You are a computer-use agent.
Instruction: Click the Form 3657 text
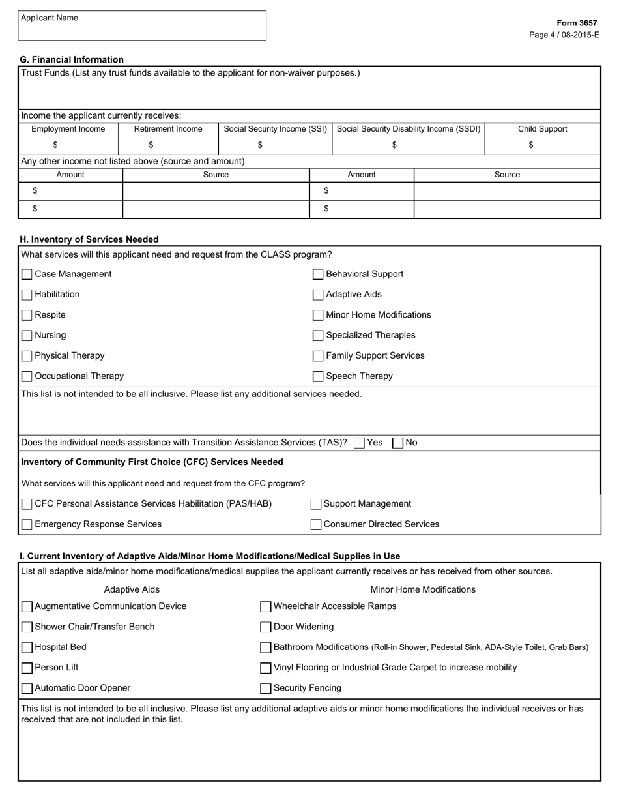pos(577,23)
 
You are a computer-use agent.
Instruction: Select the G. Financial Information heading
pos(72,59)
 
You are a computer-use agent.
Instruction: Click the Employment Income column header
pos(68,129)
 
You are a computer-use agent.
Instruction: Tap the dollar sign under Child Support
pos(531,145)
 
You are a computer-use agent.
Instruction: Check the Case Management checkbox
pos(27,275)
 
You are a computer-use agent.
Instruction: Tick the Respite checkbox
pos(27,316)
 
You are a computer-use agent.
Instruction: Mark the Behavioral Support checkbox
pos(318,275)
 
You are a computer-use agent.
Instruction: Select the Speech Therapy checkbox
pos(318,377)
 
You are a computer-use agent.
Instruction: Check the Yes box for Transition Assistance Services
pos(359,443)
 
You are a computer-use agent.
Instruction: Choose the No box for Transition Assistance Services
pos(397,443)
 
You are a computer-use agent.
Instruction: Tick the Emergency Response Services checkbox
pos(27,525)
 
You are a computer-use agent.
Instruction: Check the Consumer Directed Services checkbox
pos(316,525)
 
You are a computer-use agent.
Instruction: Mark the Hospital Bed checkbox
pos(27,647)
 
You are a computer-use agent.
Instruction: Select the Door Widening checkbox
pos(266,627)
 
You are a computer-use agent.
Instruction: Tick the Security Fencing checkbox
pos(266,689)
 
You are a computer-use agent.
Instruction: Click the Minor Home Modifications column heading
pos(423,589)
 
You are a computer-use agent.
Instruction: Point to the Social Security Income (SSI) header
pos(275,129)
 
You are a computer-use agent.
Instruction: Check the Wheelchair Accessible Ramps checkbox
pos(266,607)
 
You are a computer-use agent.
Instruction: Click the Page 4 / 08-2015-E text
pos(564,35)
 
